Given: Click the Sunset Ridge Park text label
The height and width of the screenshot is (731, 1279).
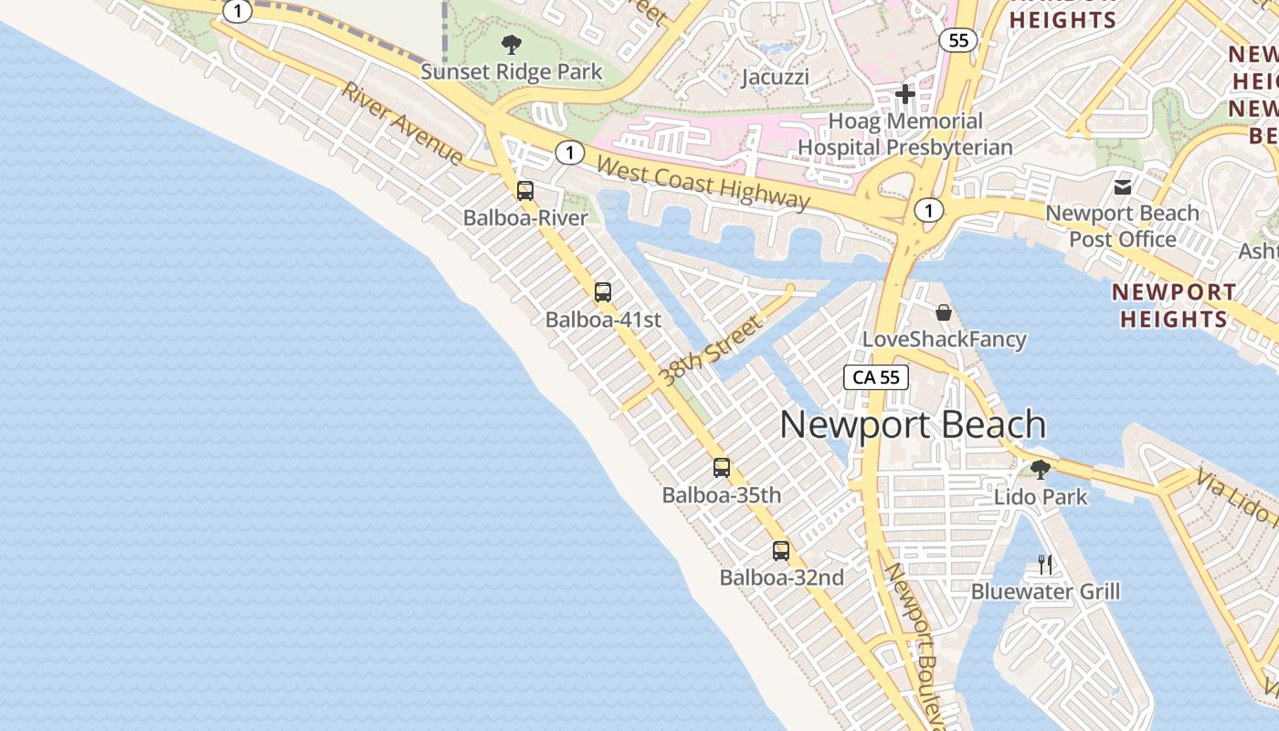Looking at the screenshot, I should (512, 71).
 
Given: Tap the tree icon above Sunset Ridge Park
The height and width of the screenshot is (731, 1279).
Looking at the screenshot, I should (512, 43).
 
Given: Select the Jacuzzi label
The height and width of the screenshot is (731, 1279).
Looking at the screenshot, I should (776, 77).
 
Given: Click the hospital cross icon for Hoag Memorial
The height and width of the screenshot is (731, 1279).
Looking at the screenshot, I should (904, 94).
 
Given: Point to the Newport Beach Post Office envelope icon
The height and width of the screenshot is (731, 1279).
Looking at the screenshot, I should (1123, 187).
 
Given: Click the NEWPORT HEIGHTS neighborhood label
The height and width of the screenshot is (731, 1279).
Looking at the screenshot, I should (1174, 305).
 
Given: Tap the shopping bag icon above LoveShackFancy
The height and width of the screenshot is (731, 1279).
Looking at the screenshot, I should (944, 313).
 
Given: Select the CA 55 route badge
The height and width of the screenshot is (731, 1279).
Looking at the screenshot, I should (876, 376).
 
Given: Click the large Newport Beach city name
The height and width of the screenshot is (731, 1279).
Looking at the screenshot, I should (913, 425).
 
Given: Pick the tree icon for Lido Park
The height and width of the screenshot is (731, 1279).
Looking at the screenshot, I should (1040, 470).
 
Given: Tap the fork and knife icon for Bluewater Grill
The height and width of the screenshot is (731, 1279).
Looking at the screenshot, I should (1045, 565).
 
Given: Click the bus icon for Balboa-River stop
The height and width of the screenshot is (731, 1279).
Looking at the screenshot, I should (525, 191).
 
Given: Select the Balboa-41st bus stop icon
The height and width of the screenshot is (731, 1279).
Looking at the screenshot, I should (603, 292).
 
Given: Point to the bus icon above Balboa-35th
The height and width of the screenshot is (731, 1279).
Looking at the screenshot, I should (722, 468).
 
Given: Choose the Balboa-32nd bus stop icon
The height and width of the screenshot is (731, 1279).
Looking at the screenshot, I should (781, 551).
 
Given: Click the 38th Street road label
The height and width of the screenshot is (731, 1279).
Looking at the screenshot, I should (710, 350).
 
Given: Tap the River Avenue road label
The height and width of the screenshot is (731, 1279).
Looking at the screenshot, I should (403, 125).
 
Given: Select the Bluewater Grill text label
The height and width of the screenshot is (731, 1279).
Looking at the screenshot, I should (1045, 591).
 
